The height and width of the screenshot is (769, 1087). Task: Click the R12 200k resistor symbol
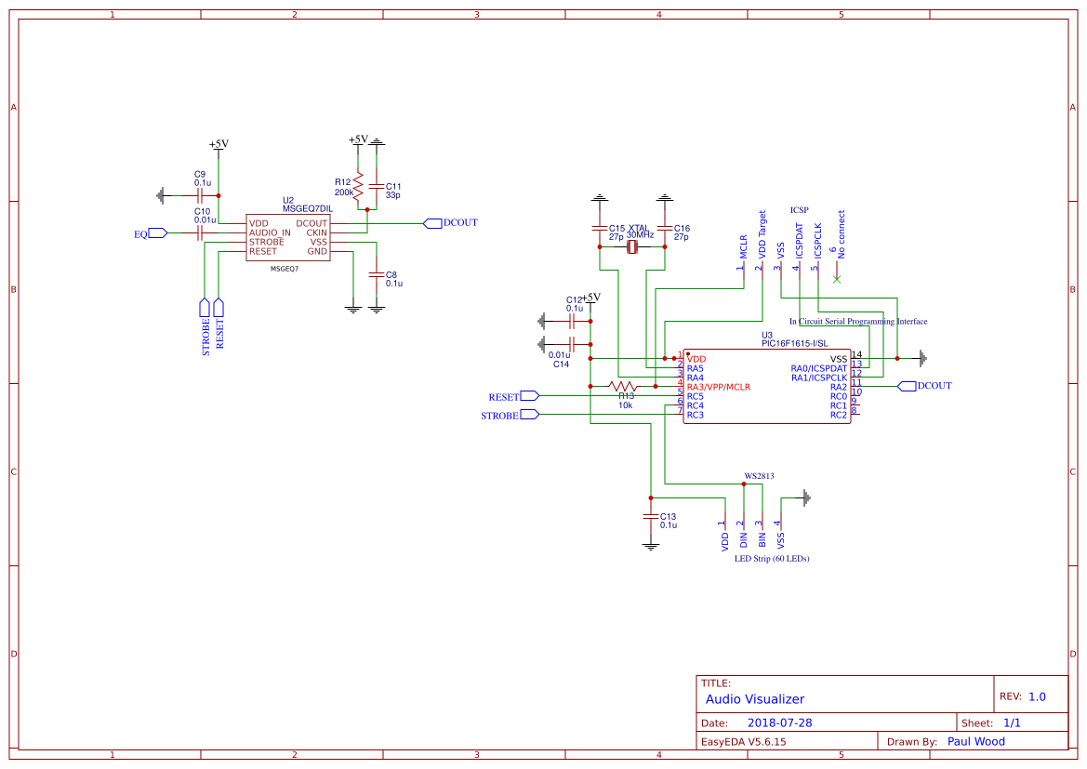tap(358, 186)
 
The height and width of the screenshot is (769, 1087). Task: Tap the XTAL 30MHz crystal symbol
tap(633, 246)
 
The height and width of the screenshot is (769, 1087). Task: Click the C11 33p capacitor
tap(377, 186)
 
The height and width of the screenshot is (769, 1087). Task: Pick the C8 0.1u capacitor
tap(377, 275)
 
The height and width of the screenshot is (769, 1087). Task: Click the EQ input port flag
tap(157, 233)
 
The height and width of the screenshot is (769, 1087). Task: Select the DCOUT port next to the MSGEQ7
tap(432, 223)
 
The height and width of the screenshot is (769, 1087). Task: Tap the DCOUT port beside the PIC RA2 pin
tap(907, 386)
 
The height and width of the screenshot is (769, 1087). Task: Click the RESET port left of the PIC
tap(529, 396)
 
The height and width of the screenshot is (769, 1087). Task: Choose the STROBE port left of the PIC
tap(529, 415)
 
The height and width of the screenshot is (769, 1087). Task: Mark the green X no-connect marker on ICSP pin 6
tap(836, 279)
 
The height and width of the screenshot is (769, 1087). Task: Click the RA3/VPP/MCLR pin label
tap(718, 387)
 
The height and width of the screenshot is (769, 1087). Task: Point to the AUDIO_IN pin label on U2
tap(270, 232)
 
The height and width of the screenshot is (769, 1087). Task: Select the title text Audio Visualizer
tap(754, 699)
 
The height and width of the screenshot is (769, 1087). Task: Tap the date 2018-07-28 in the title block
tap(779, 723)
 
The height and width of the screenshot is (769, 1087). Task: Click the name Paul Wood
tap(975, 741)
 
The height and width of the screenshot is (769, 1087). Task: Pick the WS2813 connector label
tap(758, 475)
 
